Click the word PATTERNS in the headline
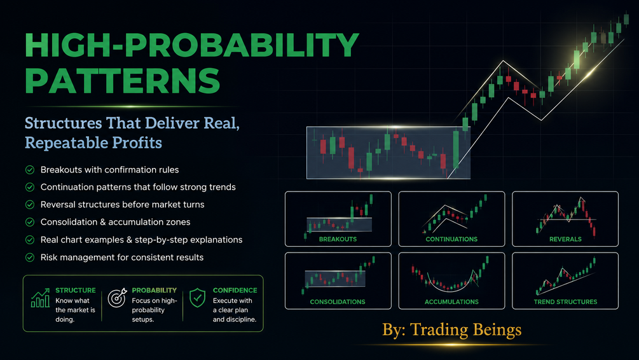[122, 80]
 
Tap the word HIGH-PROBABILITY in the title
[192, 45]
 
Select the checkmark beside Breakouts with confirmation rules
[30, 170]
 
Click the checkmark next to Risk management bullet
[30, 257]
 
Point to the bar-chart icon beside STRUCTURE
[40, 298]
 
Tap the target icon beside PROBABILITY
[118, 298]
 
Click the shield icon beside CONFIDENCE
[197, 298]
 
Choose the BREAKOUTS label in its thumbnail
[338, 239]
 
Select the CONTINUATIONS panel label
[451, 239]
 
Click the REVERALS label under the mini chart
[565, 239]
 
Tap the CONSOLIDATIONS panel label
[338, 302]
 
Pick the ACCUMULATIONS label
[451, 302]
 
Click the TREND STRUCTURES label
[565, 302]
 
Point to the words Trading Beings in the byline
[466, 330]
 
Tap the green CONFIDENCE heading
[235, 290]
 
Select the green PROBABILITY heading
[154, 290]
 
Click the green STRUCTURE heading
[76, 290]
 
